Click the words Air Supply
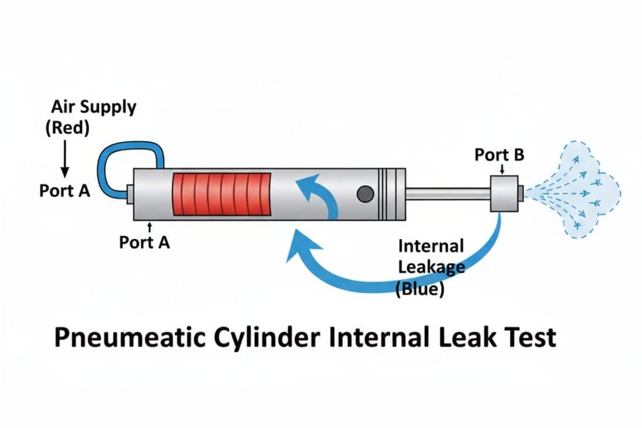[x=94, y=107]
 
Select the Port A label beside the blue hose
[x=65, y=191]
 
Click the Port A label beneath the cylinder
[x=144, y=242]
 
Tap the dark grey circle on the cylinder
[x=365, y=194]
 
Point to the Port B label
[x=500, y=155]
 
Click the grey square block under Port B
[x=506, y=193]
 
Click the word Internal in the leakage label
[x=431, y=247]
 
